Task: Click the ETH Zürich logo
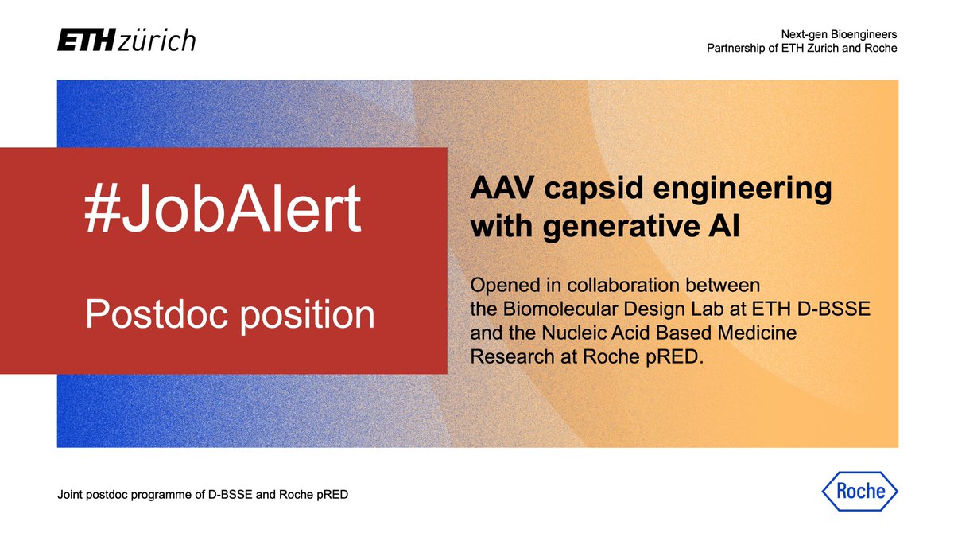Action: [x=126, y=41]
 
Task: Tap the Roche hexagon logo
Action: [x=859, y=490]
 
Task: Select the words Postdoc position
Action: [x=230, y=315]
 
